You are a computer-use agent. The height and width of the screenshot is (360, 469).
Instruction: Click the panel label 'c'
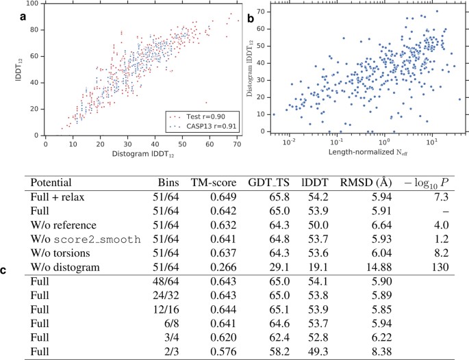pyautogui.click(x=5, y=270)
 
